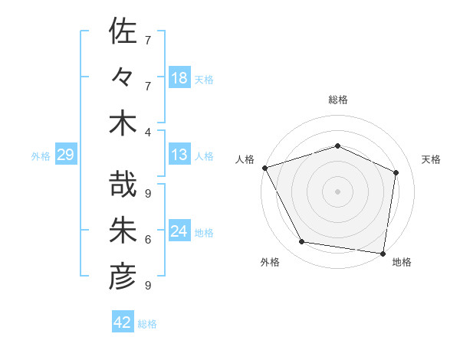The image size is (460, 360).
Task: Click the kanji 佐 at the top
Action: click(123, 34)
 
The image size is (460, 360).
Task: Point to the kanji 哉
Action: click(123, 186)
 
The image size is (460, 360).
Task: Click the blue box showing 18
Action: click(179, 78)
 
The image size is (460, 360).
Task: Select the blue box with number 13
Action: click(179, 155)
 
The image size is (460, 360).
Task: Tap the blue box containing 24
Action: click(179, 232)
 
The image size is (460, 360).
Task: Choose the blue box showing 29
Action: click(65, 155)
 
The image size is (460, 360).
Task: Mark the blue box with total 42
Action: click(123, 322)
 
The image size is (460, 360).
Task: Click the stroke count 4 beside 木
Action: click(148, 132)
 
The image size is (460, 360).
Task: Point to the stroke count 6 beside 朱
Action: click(148, 240)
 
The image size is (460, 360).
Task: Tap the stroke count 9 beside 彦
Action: click(148, 286)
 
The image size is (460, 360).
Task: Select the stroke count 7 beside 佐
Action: click(148, 40)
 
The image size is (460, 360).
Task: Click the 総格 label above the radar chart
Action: click(337, 100)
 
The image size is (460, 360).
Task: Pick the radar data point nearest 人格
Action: click(264, 168)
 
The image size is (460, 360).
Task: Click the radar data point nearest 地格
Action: click(383, 253)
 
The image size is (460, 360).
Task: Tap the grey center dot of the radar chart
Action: click(337, 191)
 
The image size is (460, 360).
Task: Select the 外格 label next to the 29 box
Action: click(41, 156)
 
